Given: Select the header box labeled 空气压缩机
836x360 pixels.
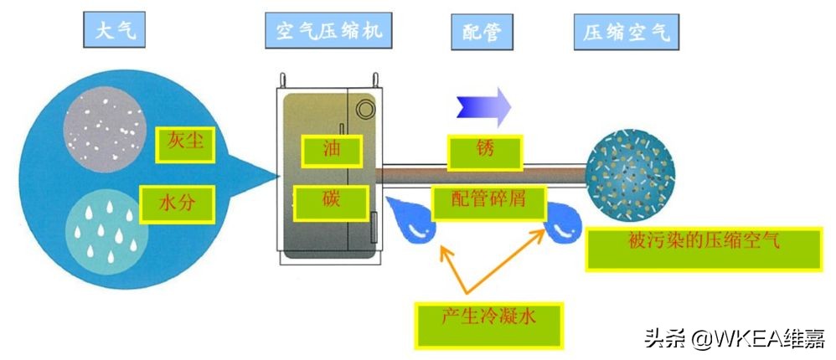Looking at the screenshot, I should click(x=329, y=32).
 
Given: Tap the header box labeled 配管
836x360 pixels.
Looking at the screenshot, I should click(x=482, y=32).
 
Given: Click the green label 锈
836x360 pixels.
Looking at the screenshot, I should click(x=485, y=152).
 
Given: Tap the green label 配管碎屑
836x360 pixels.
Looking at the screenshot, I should click(x=489, y=200).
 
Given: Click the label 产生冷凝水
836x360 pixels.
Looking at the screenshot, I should click(x=488, y=322).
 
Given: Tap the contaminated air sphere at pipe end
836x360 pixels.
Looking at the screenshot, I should click(x=630, y=172).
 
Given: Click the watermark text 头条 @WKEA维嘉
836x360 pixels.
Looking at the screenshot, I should click(x=734, y=338).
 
